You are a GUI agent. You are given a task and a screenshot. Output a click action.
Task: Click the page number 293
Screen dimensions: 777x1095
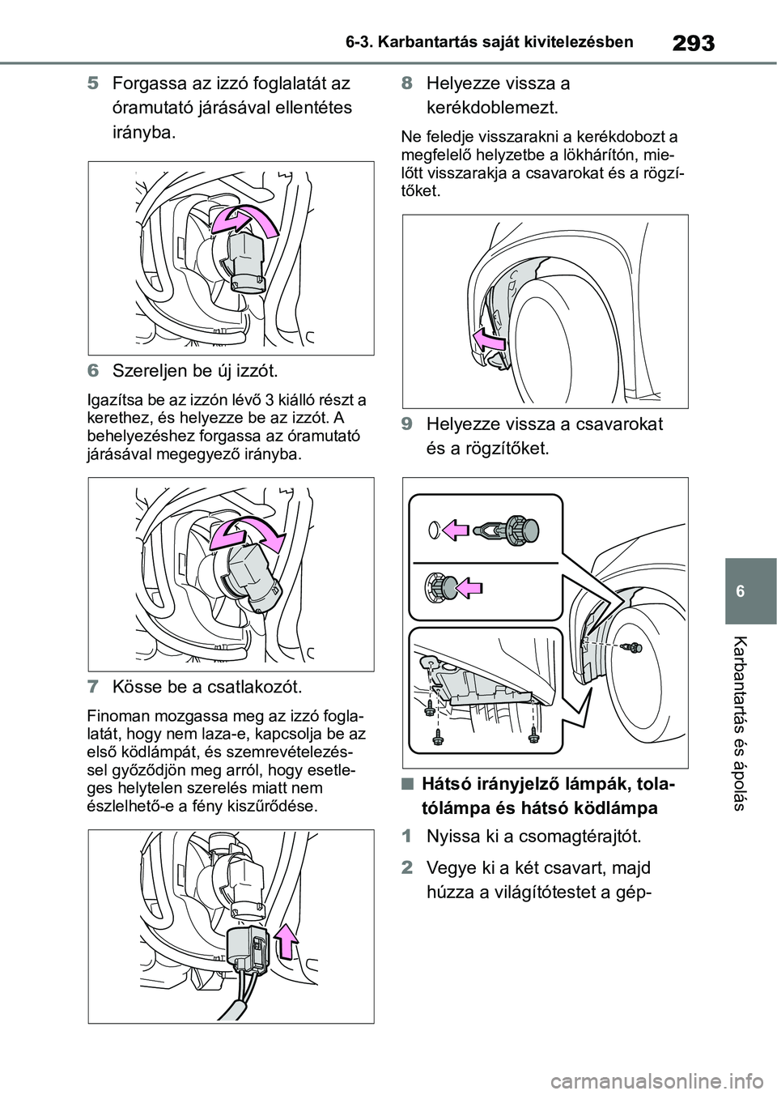[693, 44]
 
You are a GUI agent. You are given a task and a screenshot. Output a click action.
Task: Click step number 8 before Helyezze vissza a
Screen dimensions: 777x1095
[407, 83]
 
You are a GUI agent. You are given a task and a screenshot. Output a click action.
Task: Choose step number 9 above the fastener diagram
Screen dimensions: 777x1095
[407, 424]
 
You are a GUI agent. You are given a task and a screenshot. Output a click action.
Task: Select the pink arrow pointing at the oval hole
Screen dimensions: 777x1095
[454, 530]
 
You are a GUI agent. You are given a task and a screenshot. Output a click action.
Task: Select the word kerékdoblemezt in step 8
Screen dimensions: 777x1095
[492, 108]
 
